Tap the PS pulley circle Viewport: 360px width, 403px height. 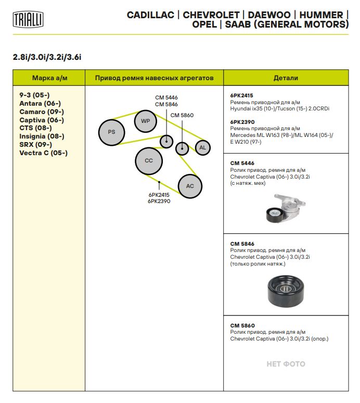[x=111, y=132]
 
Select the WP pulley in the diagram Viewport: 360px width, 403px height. [x=145, y=121]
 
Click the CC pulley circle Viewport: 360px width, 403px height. [x=149, y=160]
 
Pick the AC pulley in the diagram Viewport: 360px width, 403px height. [x=190, y=186]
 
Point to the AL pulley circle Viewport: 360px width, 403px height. [x=203, y=148]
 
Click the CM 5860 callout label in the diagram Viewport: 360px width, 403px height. [x=182, y=115]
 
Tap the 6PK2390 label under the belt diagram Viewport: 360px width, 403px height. [x=159, y=201]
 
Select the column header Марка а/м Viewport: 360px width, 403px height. [x=49, y=78]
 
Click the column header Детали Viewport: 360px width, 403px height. [x=286, y=78]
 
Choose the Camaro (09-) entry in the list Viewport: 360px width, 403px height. [x=42, y=112]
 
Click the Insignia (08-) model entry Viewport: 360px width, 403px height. [x=42, y=136]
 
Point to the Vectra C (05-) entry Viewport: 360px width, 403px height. [x=43, y=153]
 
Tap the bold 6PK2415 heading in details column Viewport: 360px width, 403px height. [x=241, y=96]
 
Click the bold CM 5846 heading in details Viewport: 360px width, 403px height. [x=242, y=244]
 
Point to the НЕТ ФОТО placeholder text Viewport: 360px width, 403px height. [x=286, y=364]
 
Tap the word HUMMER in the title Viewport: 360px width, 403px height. [x=322, y=15]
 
